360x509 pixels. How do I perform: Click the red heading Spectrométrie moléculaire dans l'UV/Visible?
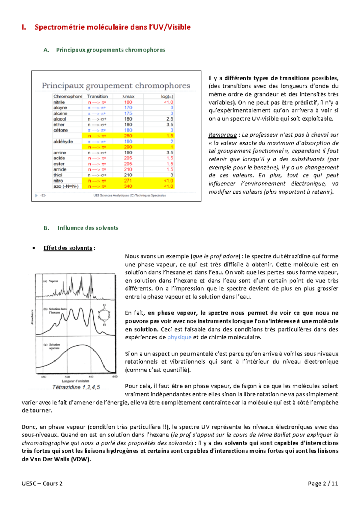[x=112, y=27]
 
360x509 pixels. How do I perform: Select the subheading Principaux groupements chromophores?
[x=111, y=50]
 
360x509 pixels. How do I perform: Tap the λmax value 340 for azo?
[x=128, y=186]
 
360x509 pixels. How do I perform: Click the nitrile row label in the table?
[x=59, y=102]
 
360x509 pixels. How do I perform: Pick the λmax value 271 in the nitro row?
[x=128, y=180]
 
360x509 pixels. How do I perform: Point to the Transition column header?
[x=97, y=96]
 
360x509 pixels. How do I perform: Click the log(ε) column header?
[x=167, y=96]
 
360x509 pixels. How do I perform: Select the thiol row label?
[x=58, y=175]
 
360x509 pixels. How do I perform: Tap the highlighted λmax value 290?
[x=128, y=147]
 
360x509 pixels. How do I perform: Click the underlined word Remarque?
[x=222, y=135]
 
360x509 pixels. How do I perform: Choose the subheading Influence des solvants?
[x=88, y=228]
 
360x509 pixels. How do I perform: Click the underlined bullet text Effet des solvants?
[x=68, y=248]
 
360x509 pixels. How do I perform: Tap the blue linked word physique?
[x=179, y=337]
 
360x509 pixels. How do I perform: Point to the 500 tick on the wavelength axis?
[x=67, y=377]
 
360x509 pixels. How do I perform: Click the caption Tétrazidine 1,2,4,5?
[x=76, y=387]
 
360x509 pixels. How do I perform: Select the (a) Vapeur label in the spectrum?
[x=51, y=281]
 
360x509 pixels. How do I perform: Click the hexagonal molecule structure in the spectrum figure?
[x=104, y=315]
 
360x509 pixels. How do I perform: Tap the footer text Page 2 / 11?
[x=323, y=483]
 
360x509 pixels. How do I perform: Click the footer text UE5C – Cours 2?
[x=42, y=483]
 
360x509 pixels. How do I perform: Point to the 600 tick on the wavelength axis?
[x=115, y=377]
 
